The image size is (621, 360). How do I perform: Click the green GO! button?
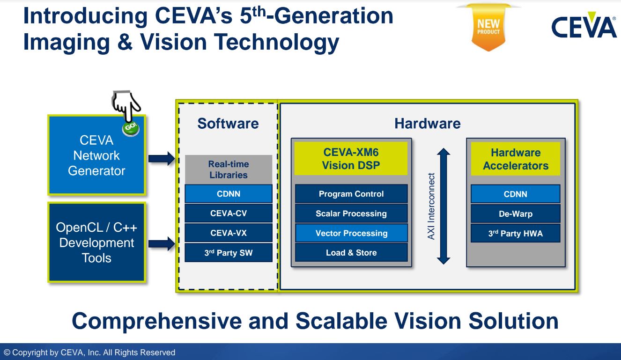131,128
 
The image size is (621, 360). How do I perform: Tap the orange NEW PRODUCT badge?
488,28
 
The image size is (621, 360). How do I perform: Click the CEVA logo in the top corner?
584,27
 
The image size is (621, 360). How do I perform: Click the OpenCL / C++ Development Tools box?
96,242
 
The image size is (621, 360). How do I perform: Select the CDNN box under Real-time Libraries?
229,194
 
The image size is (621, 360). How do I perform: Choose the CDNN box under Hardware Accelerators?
515,194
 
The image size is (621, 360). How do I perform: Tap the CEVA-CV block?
229,213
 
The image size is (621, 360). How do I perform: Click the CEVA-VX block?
229,233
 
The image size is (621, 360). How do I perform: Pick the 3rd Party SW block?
229,253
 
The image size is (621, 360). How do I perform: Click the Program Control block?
351,194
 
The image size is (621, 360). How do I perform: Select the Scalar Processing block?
351,213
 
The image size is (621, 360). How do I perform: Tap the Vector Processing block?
351,233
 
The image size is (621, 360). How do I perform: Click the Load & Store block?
351,253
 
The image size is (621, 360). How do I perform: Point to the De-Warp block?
515,214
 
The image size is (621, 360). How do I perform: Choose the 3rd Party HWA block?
515,234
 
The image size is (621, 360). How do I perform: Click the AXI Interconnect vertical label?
431,206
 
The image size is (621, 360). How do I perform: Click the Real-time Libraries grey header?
229,169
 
